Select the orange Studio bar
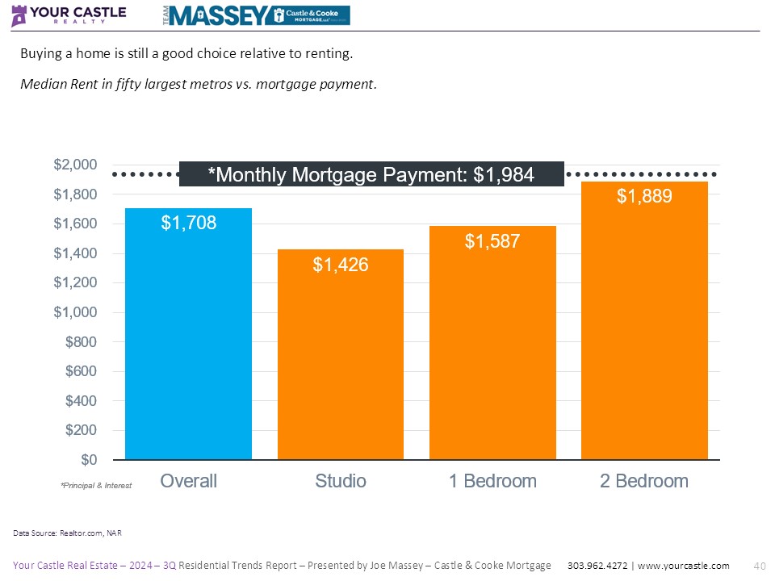pyautogui.click(x=340, y=363)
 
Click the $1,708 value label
pyautogui.click(x=188, y=224)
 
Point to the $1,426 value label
pyautogui.click(x=340, y=264)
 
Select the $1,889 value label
pyautogui.click(x=644, y=196)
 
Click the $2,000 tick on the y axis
pyautogui.click(x=75, y=165)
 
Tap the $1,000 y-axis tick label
pyautogui.click(x=75, y=312)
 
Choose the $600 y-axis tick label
pyautogui.click(x=81, y=371)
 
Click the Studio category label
pyautogui.click(x=340, y=481)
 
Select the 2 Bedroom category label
pyautogui.click(x=644, y=481)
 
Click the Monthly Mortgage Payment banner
pyautogui.click(x=371, y=174)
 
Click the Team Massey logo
pyautogui.click(x=258, y=15)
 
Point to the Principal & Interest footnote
pyautogui.click(x=95, y=486)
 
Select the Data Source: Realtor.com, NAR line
pyautogui.click(x=66, y=533)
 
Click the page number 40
pyautogui.click(x=758, y=566)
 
